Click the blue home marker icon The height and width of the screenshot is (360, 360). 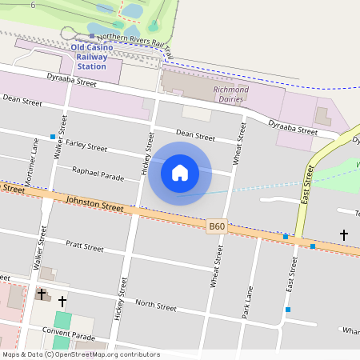[x=180, y=172]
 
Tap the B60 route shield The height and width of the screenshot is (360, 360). [x=217, y=227]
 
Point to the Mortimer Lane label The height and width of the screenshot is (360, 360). [x=34, y=162]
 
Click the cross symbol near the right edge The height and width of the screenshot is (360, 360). [x=344, y=235]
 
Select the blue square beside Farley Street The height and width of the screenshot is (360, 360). [x=53, y=137]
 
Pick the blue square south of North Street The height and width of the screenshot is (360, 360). [x=288, y=310]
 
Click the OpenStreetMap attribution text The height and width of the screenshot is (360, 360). [x=81, y=354]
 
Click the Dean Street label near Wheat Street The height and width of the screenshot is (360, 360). [x=195, y=137]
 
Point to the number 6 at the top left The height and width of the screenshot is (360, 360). [x=33, y=5]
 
